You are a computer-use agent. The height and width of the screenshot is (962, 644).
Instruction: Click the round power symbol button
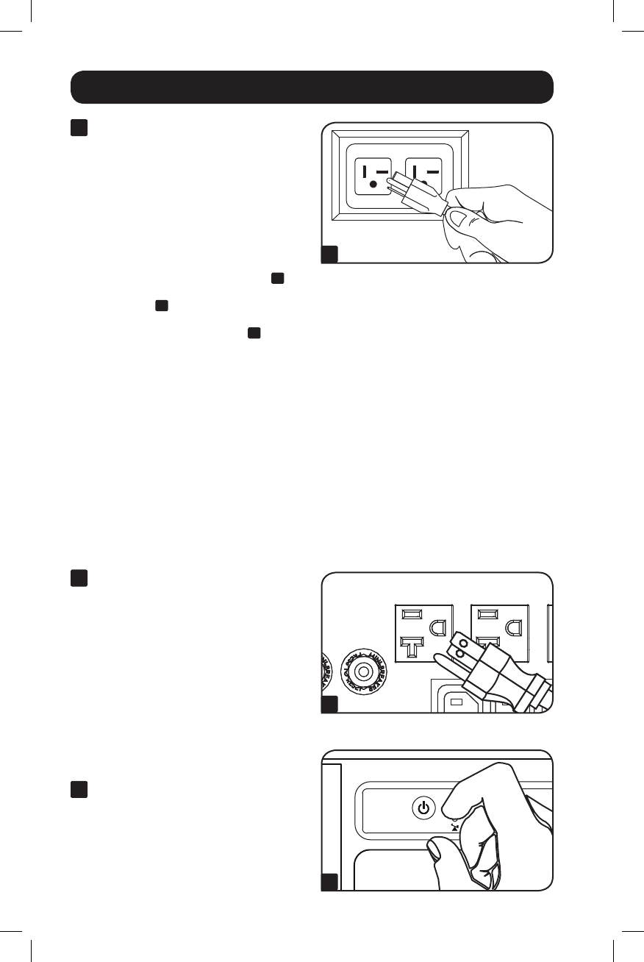[x=422, y=808]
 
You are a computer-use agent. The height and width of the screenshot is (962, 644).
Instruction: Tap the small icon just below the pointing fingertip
[x=456, y=827]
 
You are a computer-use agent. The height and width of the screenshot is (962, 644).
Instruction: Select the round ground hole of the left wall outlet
[x=372, y=185]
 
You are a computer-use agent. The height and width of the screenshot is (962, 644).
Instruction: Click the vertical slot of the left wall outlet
[x=362, y=171]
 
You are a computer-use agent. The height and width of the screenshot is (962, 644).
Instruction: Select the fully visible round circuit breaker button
[x=362, y=671]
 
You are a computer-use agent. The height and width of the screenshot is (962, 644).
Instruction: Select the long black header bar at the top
[x=312, y=87]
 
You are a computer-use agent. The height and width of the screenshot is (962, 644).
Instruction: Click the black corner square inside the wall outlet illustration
[x=330, y=254]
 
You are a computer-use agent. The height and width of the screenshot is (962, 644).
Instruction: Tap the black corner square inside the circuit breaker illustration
[x=330, y=705]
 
